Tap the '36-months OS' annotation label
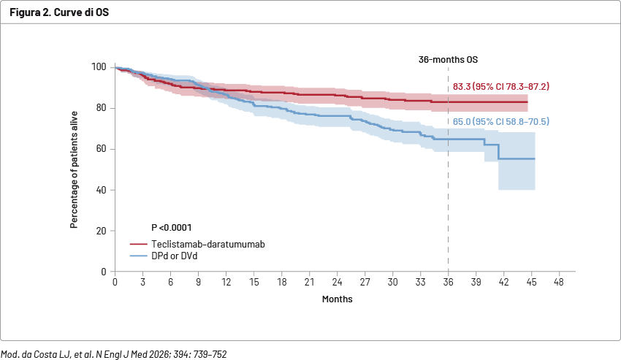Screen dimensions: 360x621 (448, 59)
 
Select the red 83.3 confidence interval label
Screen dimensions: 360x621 (501, 86)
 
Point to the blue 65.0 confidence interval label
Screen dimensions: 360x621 (501, 121)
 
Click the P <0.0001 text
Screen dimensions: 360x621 (172, 228)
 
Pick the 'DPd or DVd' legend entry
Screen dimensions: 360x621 (175, 256)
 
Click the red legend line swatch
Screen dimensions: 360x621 (138, 245)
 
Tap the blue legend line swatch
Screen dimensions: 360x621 (138, 256)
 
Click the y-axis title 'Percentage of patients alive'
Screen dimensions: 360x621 (75, 170)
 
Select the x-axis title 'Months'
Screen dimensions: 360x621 (338, 299)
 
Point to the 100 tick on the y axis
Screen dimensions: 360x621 (99, 67)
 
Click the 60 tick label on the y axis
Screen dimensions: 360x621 (101, 149)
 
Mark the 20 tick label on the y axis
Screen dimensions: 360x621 (101, 231)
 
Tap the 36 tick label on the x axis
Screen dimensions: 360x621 (448, 282)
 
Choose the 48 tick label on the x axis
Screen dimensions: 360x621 (559, 282)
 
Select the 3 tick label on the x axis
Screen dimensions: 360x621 (143, 282)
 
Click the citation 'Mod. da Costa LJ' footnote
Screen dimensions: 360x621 (114, 354)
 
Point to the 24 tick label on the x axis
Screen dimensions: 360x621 (337, 282)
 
